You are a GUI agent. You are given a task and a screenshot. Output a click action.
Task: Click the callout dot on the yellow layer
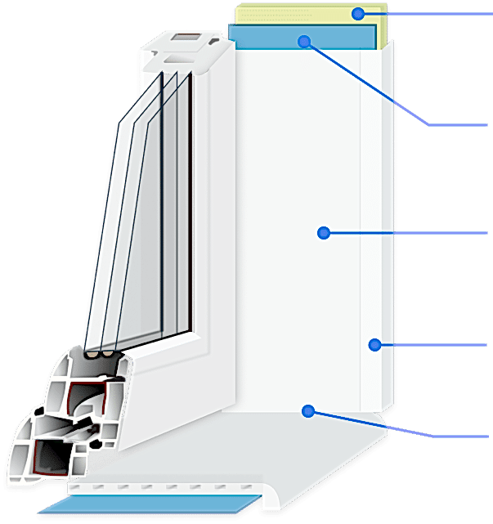[358, 13]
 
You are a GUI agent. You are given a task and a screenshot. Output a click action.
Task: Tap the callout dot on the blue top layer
[304, 40]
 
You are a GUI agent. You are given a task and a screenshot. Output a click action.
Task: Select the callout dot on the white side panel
[324, 233]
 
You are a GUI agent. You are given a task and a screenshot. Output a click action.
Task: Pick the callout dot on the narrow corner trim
[374, 344]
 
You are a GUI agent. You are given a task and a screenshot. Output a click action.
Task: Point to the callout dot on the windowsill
[308, 410]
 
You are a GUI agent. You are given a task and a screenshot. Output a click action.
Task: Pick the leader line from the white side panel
[409, 233]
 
